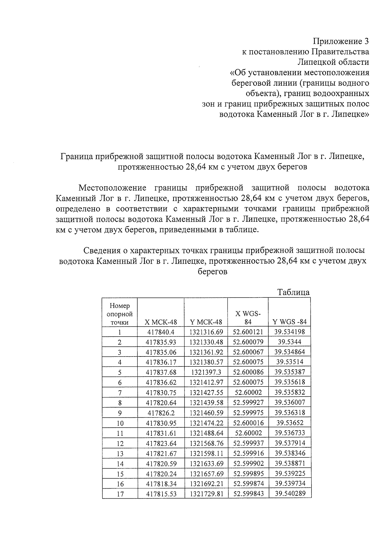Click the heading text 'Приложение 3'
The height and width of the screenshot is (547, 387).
pos(341,42)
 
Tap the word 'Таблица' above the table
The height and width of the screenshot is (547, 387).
pos(293,292)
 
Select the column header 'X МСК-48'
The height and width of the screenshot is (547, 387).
pos(161,322)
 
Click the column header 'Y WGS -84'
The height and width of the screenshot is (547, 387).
pos(290,322)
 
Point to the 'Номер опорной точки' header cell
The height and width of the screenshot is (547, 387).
pos(120,314)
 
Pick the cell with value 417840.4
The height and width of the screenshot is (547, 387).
pos(161,332)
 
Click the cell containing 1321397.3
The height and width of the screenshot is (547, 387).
pos(206,372)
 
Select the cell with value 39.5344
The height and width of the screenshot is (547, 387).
pos(290,342)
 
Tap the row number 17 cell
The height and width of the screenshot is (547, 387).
pos(120,494)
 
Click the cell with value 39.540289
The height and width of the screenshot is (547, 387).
pos(290,493)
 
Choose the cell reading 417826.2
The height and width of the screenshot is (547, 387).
pos(161,413)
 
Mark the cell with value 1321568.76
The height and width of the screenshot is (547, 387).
pos(206,443)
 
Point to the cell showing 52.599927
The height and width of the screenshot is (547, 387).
pos(248,403)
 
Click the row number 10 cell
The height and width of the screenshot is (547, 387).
pos(120,423)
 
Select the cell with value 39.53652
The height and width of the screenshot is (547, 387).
pos(290,423)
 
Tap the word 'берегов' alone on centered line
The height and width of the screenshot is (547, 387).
pos(213,271)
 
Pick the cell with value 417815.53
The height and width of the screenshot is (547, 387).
pos(161,494)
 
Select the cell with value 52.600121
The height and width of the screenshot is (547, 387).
pos(248,332)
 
